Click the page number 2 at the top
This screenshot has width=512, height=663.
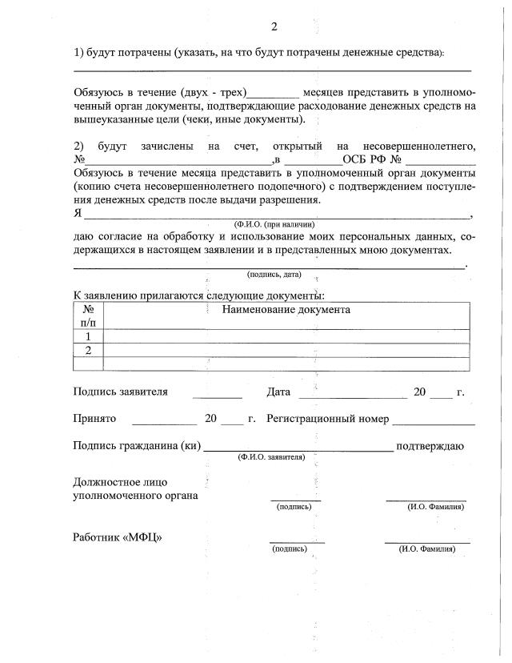click(x=274, y=26)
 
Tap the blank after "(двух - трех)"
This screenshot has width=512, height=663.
click(x=274, y=94)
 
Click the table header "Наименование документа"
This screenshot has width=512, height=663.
click(x=286, y=309)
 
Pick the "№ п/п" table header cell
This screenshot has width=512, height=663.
click(x=88, y=315)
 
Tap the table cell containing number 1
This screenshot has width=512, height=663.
click(x=88, y=336)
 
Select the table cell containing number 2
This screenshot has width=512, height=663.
click(x=88, y=350)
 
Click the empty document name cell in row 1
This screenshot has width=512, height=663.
click(x=286, y=336)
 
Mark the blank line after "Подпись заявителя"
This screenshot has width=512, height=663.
click(x=217, y=395)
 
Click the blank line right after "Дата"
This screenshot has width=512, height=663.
click(x=352, y=395)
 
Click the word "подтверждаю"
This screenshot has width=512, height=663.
click(x=430, y=446)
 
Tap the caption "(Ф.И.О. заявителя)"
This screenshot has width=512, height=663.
click(x=271, y=456)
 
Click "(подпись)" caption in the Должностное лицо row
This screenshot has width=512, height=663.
click(x=294, y=507)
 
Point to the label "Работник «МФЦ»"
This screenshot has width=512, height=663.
click(x=117, y=537)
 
